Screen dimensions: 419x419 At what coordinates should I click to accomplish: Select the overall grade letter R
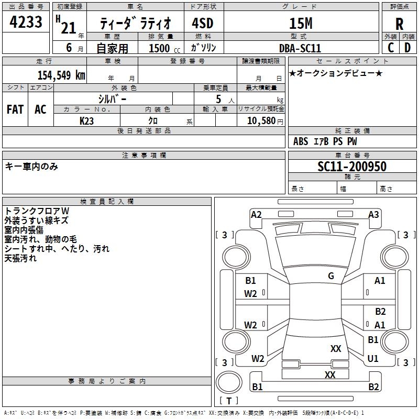pyautogui.click(x=399, y=24)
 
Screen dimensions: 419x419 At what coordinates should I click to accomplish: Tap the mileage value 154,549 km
pyautogui.click(x=61, y=75)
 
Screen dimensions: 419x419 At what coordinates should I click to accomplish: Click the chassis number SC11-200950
pyautogui.click(x=352, y=167)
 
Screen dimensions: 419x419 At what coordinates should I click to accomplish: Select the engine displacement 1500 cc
pyautogui.click(x=159, y=48)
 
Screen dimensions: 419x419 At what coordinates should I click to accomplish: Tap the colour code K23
pyautogui.click(x=87, y=120)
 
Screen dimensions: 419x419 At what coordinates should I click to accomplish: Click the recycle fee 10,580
pyautogui.click(x=261, y=120)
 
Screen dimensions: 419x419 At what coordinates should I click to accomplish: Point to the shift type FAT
pyautogui.click(x=15, y=109)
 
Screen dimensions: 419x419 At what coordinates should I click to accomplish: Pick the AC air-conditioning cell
pyautogui.click(x=40, y=109)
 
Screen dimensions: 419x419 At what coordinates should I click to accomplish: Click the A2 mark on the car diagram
pyautogui.click(x=256, y=214)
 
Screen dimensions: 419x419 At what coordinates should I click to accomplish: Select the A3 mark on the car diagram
pyautogui.click(x=373, y=214)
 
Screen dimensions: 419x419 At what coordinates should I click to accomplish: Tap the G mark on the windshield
pyautogui.click(x=331, y=276)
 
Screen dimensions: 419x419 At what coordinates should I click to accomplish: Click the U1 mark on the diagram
pyautogui.click(x=373, y=359)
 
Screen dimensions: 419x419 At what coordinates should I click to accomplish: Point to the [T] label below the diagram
pyautogui.click(x=228, y=401)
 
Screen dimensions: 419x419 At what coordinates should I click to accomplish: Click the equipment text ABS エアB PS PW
pyautogui.click(x=325, y=141)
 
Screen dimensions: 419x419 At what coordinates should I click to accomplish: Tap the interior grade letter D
pyautogui.click(x=407, y=48)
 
